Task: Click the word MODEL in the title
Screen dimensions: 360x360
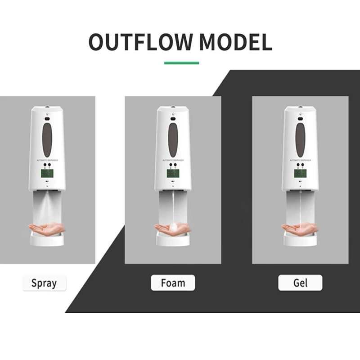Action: (236, 42)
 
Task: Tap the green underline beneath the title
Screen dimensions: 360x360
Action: (181, 63)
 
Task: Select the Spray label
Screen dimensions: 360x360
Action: (44, 283)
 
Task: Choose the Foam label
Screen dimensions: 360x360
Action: (173, 283)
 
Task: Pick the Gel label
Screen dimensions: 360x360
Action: (300, 283)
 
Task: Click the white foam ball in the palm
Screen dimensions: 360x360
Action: (173, 227)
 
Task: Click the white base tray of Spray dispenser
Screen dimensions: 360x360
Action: (47, 239)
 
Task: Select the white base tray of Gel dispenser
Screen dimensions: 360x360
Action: (301, 239)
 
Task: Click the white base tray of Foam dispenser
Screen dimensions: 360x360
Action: (174, 239)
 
